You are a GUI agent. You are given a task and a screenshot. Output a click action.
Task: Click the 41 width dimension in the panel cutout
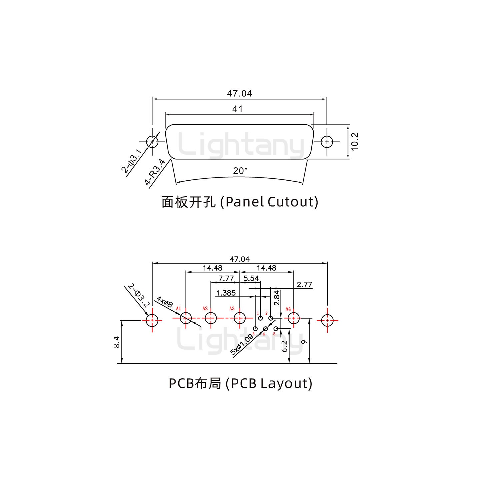coord(237,109)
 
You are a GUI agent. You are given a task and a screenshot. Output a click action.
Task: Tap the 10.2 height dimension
coord(355,142)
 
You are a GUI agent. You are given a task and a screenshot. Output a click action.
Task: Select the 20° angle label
coord(240,171)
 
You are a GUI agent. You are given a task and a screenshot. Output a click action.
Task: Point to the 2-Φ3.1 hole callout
coord(131,161)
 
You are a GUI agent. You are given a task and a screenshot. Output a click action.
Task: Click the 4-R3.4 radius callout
coord(155,172)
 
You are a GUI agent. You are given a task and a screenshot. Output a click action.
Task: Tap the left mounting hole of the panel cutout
coord(152,142)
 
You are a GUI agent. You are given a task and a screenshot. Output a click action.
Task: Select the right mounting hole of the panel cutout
coord(327,142)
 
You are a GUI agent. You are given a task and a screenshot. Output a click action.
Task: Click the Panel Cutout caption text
coord(240,202)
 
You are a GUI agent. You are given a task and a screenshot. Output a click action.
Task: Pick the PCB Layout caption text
coord(240,383)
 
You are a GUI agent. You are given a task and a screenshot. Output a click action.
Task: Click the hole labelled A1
coord(186,318)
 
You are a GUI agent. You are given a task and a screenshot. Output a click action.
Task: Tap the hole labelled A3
coord(240,318)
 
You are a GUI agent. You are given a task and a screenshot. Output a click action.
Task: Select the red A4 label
coord(288,309)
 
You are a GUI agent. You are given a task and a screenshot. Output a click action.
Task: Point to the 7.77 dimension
coord(226,278)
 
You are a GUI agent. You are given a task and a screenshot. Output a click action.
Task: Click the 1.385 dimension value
coord(226,293)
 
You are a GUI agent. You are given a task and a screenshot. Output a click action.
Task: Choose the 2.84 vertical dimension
coord(277,298)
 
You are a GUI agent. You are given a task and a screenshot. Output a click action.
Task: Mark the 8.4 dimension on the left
coord(117,342)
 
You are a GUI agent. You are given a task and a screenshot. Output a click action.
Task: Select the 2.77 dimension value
coord(304,284)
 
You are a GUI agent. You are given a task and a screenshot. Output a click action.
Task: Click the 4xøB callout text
coord(165,302)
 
